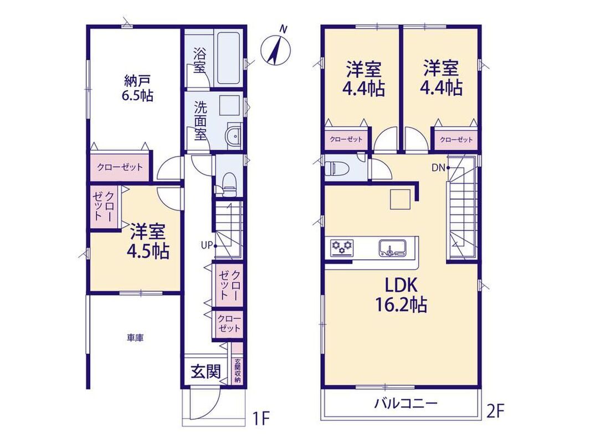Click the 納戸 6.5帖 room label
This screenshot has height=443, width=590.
(x=137, y=88)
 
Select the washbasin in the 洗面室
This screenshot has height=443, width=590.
(x=233, y=135)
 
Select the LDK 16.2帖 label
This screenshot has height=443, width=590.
(x=401, y=295)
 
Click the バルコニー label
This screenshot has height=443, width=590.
(x=406, y=404)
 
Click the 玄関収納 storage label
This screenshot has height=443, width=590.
(x=237, y=370)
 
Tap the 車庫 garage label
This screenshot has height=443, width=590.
(x=135, y=338)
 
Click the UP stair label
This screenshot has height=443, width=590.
(x=207, y=245)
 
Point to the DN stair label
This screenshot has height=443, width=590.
(x=438, y=168)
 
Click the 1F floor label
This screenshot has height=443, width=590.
(x=261, y=419)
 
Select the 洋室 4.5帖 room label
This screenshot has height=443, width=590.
(x=149, y=241)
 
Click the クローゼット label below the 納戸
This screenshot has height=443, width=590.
(x=120, y=167)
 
